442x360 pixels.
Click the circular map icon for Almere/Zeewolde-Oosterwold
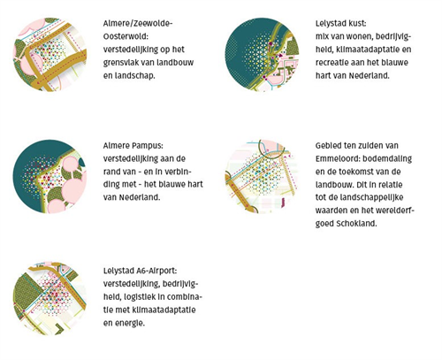(50, 55)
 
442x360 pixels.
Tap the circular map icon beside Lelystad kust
(262, 55)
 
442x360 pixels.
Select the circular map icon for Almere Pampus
(50, 176)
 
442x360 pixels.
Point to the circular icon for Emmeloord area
(262, 176)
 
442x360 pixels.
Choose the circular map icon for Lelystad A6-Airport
(50, 298)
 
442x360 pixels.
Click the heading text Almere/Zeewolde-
(138, 24)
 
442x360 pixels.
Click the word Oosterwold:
(126, 36)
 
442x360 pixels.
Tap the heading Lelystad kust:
(341, 24)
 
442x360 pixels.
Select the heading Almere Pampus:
(133, 146)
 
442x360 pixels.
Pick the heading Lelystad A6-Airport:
(141, 271)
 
